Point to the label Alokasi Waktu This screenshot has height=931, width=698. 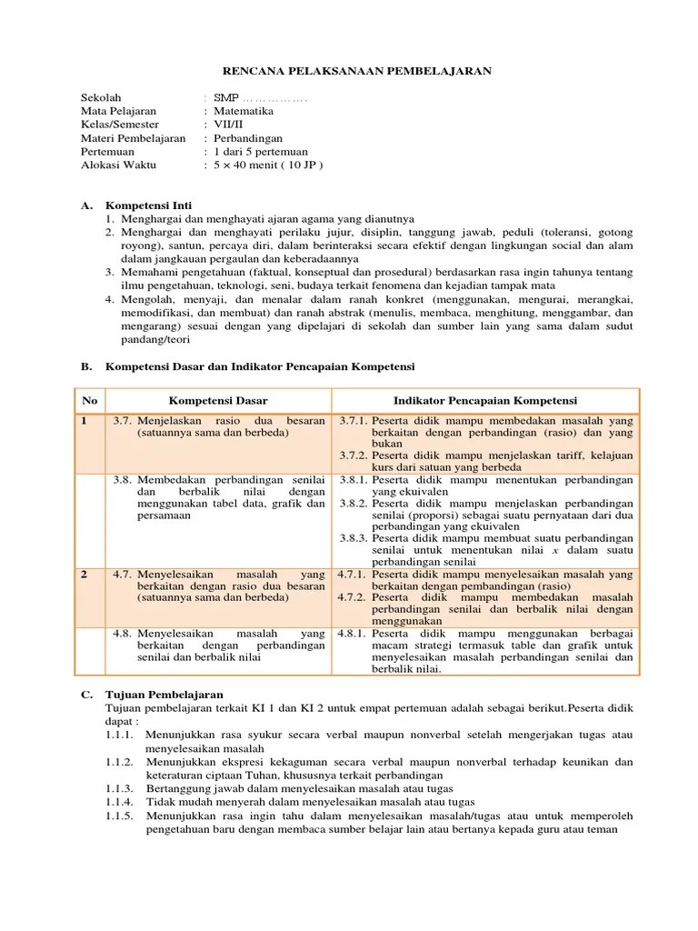[x=118, y=165]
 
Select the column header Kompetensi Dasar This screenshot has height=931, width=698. [x=218, y=401]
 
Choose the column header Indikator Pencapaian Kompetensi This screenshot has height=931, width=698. [x=485, y=401]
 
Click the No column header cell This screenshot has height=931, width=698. [x=89, y=401]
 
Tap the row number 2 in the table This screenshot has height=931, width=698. [x=84, y=575]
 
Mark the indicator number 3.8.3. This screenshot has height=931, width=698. [x=353, y=537]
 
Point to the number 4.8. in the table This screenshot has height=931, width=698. [x=124, y=633]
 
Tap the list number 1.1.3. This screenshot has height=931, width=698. [x=120, y=788]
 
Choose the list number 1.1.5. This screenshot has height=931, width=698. [x=120, y=816]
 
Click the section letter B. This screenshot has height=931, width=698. [x=85, y=366]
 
